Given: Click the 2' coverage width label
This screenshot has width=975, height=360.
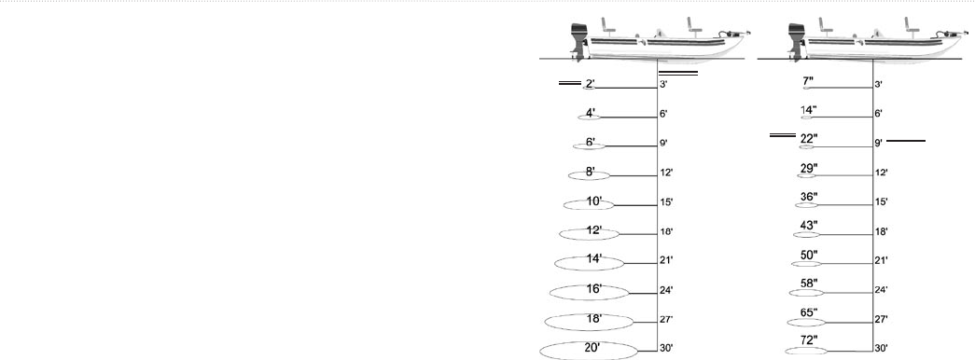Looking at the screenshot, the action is [x=156, y=83].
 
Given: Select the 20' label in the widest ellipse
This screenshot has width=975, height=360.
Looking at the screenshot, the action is [x=592, y=348].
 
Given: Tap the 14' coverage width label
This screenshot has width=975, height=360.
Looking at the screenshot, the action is [x=593, y=259].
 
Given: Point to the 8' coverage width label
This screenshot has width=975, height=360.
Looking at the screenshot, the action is [x=590, y=172].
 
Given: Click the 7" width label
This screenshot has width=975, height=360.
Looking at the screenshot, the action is [x=808, y=81].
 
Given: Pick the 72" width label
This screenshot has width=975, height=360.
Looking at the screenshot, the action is [x=809, y=339].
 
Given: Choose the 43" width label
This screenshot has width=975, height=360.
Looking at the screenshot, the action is [x=809, y=225].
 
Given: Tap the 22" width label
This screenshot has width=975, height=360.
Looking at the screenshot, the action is [x=809, y=138].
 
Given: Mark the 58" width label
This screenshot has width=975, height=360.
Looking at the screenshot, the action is [x=809, y=283].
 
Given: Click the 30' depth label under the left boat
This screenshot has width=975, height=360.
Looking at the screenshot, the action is [x=666, y=348].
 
